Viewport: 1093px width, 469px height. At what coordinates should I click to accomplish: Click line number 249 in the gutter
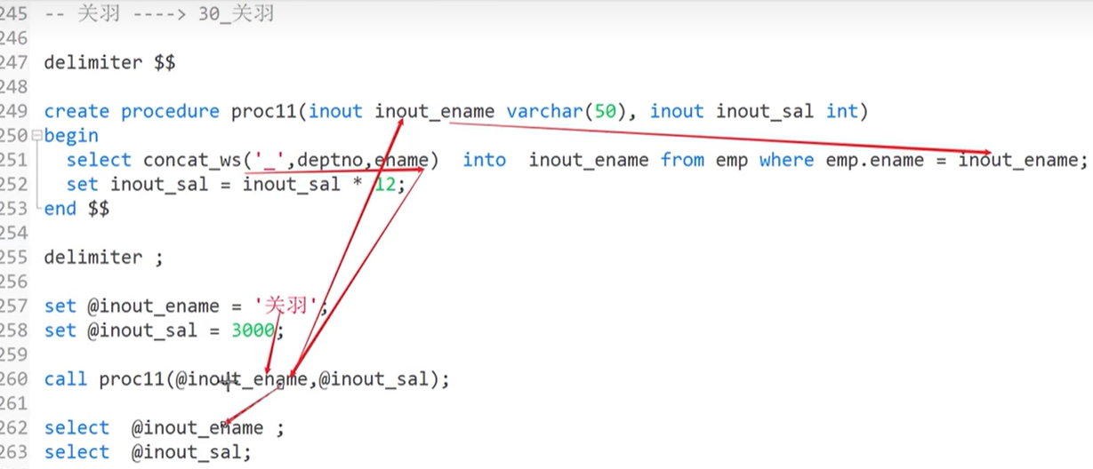click(x=12, y=111)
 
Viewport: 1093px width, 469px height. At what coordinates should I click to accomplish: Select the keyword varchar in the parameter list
click(x=539, y=111)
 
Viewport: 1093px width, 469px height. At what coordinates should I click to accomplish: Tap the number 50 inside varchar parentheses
click(x=605, y=111)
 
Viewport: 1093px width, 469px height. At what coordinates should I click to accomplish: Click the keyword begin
click(x=71, y=136)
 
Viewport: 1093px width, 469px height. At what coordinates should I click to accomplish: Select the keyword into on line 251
click(x=484, y=160)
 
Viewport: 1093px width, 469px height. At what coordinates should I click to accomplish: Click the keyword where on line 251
click(x=786, y=160)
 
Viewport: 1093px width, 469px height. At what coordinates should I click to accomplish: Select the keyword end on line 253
click(x=60, y=209)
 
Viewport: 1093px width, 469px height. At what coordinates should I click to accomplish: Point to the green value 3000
click(x=253, y=330)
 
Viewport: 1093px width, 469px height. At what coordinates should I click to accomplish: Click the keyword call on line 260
click(x=66, y=379)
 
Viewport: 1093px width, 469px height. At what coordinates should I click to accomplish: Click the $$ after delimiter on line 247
click(x=165, y=63)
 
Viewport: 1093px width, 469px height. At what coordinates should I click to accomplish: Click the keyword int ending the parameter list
click(x=841, y=111)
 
